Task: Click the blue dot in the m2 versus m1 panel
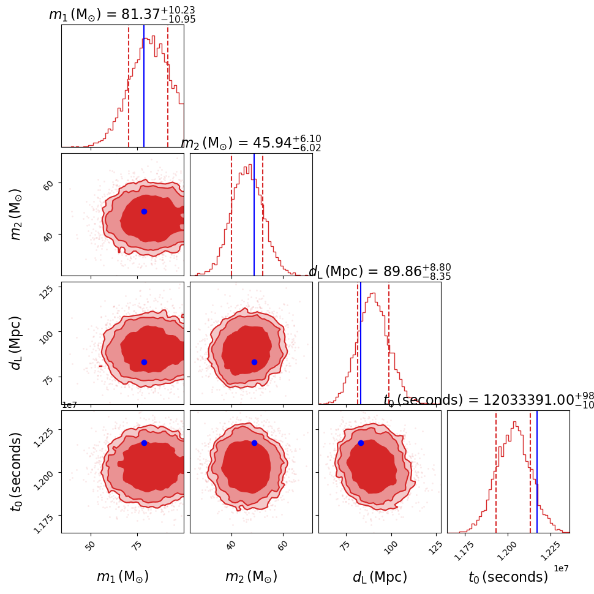click(x=144, y=211)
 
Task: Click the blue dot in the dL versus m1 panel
click(x=144, y=362)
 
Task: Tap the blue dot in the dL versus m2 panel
click(x=254, y=362)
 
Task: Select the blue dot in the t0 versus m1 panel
click(x=144, y=443)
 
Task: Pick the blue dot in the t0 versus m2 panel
click(x=254, y=443)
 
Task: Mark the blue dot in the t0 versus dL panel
click(x=361, y=443)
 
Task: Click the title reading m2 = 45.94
click(x=250, y=143)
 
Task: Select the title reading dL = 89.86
click(x=380, y=271)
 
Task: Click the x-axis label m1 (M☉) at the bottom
click(x=122, y=577)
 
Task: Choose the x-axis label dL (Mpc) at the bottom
click(x=380, y=577)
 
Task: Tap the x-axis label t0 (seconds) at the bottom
click(x=508, y=577)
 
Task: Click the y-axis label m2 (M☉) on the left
click(x=17, y=214)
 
